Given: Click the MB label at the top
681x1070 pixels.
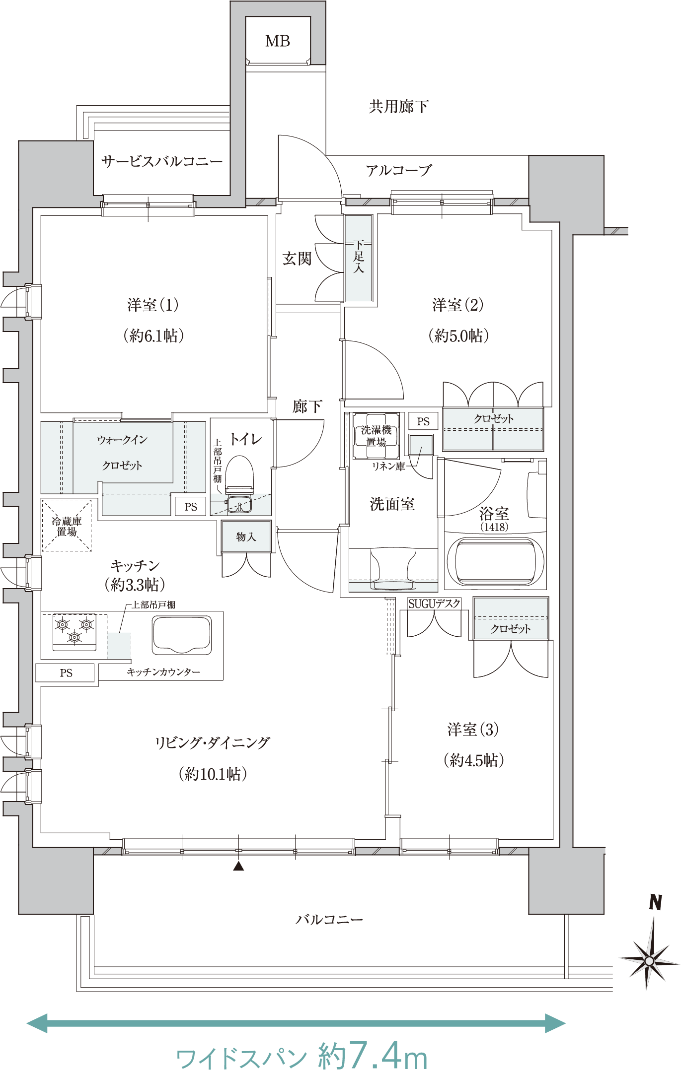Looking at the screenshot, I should click(x=277, y=41).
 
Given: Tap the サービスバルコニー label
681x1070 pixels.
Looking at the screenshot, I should click(x=162, y=162).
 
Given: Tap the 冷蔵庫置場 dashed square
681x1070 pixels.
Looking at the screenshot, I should click(x=67, y=525).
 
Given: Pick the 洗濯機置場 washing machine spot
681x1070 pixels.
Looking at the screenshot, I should click(x=376, y=436).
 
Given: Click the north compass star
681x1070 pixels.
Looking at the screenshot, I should click(x=649, y=961).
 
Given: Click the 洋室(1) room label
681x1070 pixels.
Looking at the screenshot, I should click(x=152, y=305).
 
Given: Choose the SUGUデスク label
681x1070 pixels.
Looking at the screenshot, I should click(x=434, y=604).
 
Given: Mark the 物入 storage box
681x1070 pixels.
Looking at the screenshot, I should click(x=246, y=536).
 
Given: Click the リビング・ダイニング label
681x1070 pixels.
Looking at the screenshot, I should click(x=212, y=743).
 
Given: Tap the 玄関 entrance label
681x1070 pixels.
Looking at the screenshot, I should click(x=297, y=258).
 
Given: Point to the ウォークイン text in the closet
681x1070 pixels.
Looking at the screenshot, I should click(x=122, y=440).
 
